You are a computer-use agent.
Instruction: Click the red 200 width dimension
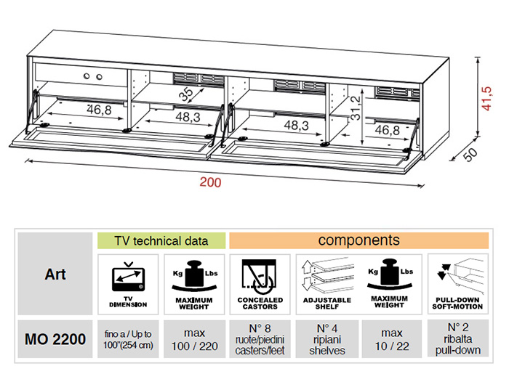[x=210, y=182]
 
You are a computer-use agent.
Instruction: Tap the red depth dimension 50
[x=471, y=155]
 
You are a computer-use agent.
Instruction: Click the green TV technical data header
[x=161, y=240]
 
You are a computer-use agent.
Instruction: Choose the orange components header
[x=358, y=240]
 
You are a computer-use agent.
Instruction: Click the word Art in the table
[x=55, y=274]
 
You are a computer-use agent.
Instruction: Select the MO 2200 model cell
[x=55, y=338]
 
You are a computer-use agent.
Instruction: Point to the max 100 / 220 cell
[x=194, y=338]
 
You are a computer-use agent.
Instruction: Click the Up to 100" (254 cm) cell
[x=128, y=338]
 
